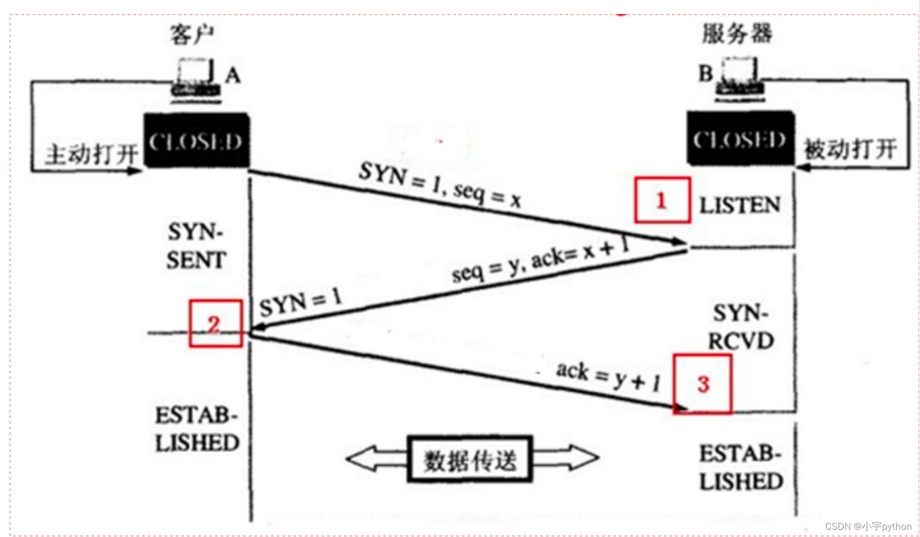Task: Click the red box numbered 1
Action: tap(662, 200)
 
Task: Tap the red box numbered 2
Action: tap(215, 323)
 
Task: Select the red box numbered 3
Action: tap(702, 384)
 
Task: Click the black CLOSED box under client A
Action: tap(196, 140)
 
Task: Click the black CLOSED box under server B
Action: tap(740, 138)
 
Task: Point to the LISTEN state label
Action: tap(739, 206)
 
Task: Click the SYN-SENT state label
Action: tap(196, 246)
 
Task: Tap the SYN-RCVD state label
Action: tap(740, 327)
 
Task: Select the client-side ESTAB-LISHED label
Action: tap(197, 429)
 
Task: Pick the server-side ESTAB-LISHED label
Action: tap(740, 467)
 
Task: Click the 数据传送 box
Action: tap(470, 460)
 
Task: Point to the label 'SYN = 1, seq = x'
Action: tap(440, 183)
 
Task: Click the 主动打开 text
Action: tap(91, 154)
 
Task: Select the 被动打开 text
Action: tap(850, 150)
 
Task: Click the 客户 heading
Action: tap(192, 34)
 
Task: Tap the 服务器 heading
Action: tap(737, 33)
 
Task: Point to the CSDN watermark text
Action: tap(868, 526)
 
